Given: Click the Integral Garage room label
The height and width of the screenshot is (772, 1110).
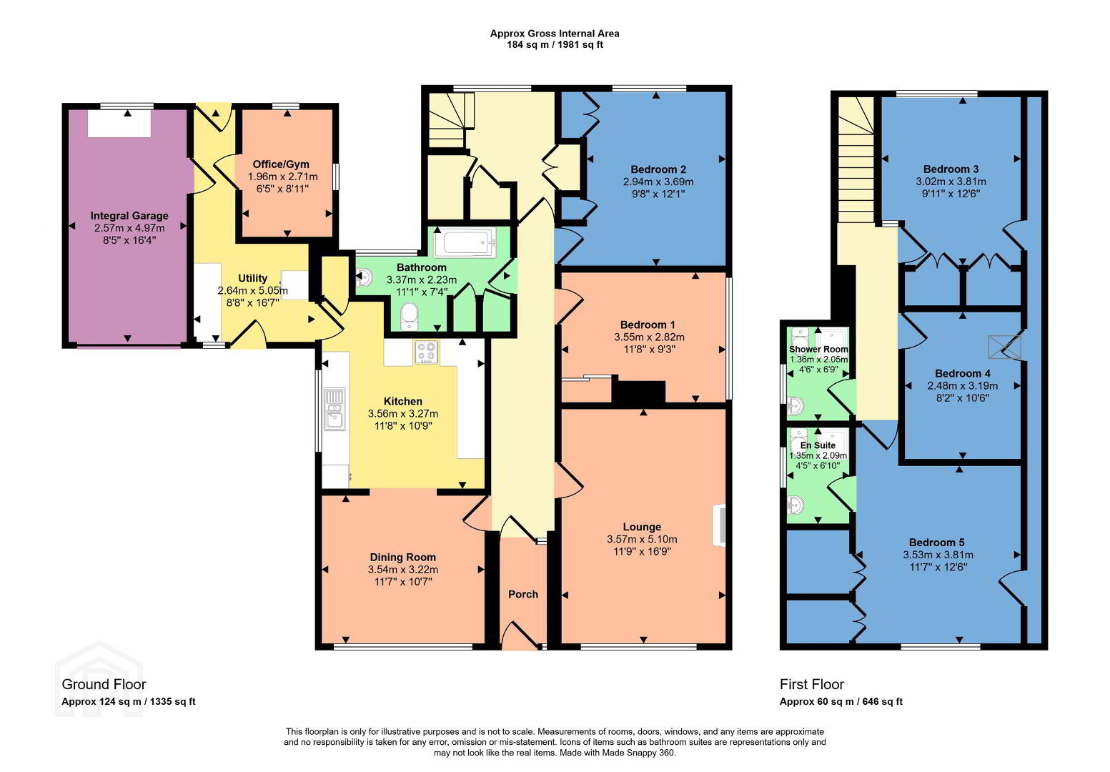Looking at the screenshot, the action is [129, 216].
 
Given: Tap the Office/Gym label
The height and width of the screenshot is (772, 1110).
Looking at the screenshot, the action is [281, 164].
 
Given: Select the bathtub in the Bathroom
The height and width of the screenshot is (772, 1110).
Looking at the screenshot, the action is [465, 243].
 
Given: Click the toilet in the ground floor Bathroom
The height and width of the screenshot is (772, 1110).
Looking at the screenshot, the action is [410, 317].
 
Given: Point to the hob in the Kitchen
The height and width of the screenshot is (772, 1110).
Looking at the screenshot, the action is [427, 352].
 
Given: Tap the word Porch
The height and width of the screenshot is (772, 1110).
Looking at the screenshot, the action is [522, 594].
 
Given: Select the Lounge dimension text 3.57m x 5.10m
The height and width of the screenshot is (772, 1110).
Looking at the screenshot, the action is [642, 539].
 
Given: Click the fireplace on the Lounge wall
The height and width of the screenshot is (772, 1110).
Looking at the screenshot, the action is [719, 525].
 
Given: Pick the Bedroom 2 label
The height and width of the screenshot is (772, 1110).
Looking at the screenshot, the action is [658, 169].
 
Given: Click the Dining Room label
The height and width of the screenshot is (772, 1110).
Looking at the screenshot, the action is [403, 558].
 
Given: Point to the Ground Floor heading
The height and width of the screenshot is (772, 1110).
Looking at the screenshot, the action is [104, 684].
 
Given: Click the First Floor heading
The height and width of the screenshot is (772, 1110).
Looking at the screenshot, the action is [812, 684].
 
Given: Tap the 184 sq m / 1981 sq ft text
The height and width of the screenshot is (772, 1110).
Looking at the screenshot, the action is [555, 44].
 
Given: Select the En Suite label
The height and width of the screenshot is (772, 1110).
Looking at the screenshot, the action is [818, 445].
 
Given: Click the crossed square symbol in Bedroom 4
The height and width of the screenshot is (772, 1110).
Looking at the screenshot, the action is [1004, 347].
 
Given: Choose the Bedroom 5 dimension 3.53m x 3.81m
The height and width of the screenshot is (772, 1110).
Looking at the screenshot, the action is [938, 555].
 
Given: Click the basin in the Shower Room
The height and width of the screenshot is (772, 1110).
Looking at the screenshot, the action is [796, 406].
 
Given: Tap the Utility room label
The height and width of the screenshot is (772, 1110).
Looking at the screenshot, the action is [253, 279].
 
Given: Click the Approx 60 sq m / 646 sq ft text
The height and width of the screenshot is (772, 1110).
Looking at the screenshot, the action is [841, 702].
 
